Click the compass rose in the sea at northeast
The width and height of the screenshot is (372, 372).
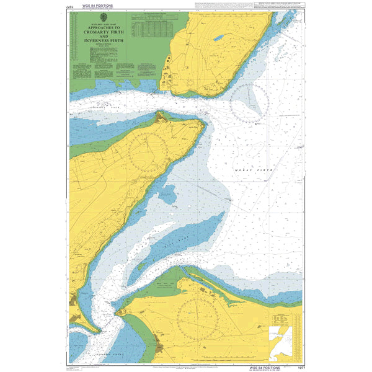click(x=249, y=103)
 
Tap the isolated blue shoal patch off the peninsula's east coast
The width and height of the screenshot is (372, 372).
click(x=168, y=196)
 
